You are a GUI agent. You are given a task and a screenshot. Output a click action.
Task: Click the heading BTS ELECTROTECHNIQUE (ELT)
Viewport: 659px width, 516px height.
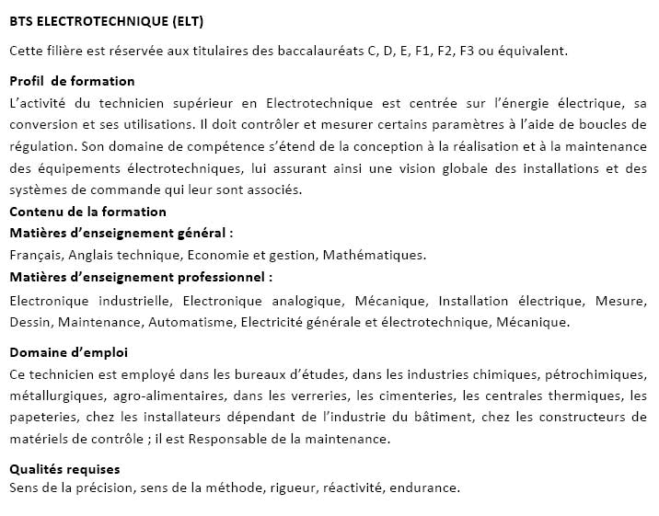point(107,20)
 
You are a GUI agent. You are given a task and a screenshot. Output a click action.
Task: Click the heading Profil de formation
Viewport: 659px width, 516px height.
point(72,81)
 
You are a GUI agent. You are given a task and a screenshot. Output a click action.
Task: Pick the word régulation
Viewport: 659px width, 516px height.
point(41,145)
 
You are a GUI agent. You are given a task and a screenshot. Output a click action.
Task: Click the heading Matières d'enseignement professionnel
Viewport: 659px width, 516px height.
point(141,276)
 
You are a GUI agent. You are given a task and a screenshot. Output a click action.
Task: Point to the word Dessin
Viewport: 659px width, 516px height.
point(30,322)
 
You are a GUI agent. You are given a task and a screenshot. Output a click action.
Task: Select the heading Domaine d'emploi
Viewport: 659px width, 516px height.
point(68,352)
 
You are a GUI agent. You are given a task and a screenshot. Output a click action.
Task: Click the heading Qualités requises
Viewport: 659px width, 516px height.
point(64,469)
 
